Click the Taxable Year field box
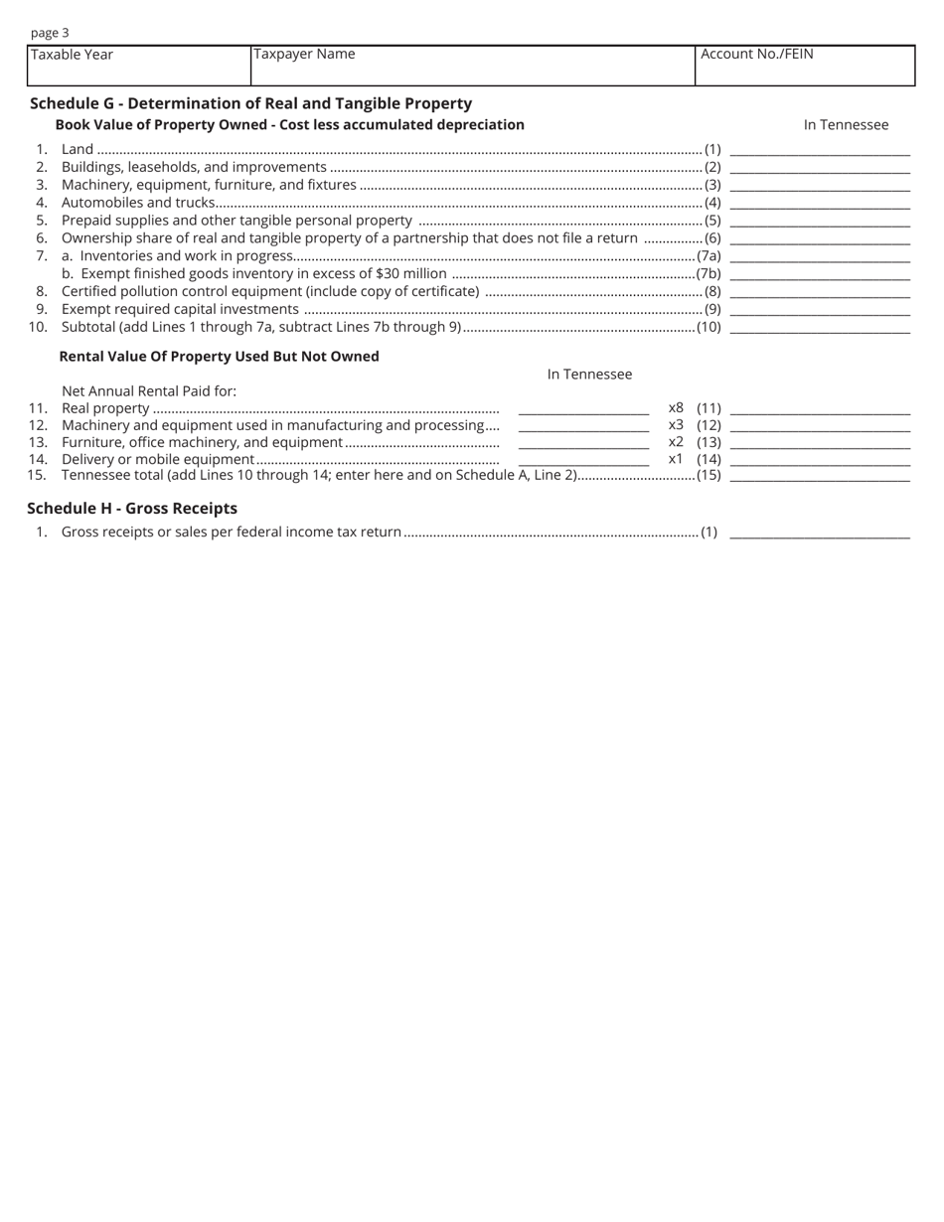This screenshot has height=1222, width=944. pos(139,66)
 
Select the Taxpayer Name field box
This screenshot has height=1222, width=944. pos(472,66)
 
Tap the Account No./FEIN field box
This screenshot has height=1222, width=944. pos(805,66)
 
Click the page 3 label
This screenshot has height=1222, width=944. pos(50,33)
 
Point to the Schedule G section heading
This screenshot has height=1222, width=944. pos(250,103)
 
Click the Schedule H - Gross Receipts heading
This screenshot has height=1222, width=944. pos(132,508)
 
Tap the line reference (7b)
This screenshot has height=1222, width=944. pos(708,273)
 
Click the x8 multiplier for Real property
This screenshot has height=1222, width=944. pos(676,407)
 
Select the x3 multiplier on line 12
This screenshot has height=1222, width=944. pos(676,425)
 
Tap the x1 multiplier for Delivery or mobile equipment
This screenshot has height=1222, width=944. pos(676,459)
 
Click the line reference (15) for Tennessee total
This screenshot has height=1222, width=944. pos(708,475)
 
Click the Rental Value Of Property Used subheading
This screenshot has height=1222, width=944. pos(219,356)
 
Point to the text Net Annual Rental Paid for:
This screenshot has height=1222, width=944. pos(149,390)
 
